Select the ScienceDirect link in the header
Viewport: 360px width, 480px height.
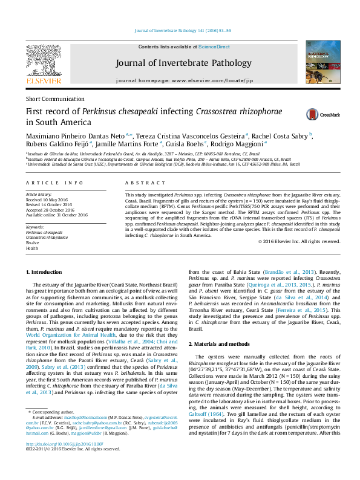pyautogui.click(x=214, y=47)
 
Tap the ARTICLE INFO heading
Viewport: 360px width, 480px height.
pyautogui.click(x=54, y=182)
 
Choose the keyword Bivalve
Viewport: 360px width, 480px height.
pyautogui.click(x=33, y=243)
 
